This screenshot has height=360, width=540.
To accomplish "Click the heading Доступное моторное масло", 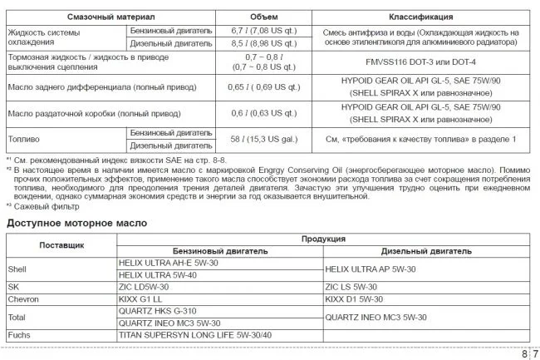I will pyautogui.click(x=76, y=224).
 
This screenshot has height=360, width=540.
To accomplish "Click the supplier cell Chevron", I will pyautogui.click(x=22, y=297).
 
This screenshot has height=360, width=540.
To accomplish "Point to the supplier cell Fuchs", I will pyautogui.click(x=18, y=334).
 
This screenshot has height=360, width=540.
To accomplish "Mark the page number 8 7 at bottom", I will pyautogui.click(x=528, y=353).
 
